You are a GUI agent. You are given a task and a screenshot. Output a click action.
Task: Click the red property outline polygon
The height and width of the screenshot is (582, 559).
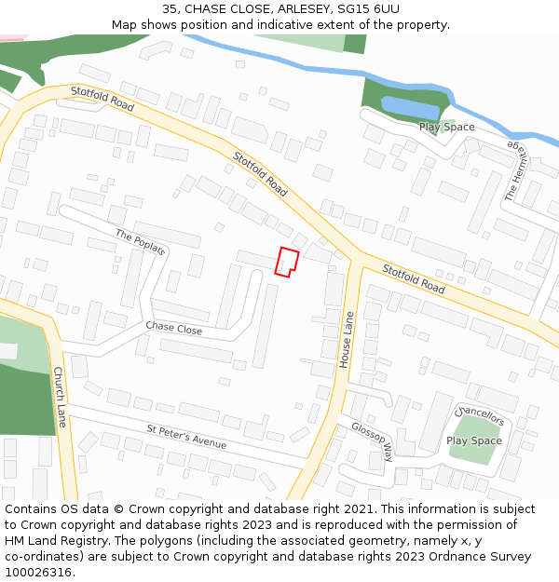pos(287,262)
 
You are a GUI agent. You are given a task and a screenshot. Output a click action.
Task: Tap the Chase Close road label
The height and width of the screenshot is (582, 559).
pos(173,329)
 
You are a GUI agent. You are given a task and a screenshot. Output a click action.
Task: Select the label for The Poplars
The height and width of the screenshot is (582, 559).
pos(141,242)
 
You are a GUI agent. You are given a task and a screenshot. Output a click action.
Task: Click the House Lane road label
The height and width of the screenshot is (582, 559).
pos(347,339)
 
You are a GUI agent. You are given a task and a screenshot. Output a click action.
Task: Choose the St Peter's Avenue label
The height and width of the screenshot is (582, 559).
pos(186,437)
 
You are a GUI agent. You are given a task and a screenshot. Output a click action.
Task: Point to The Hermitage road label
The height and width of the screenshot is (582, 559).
pos(515,172)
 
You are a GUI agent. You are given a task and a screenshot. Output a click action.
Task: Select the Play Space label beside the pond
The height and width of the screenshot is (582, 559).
pos(446,128)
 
